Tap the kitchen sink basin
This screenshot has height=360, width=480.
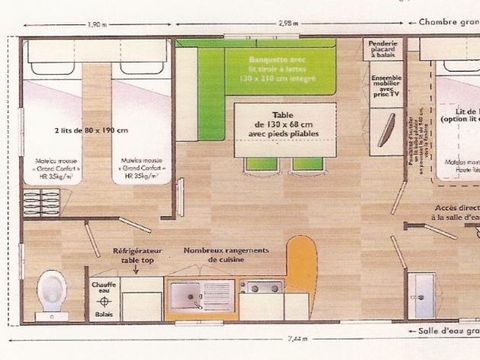click(187, 295)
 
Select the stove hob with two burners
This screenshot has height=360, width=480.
click(262, 289)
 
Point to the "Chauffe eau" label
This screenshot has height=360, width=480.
click(104, 287)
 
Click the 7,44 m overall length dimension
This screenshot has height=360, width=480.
click(241, 338)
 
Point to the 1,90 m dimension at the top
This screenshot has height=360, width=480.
click(97, 24)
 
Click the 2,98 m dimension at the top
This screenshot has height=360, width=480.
click(291, 24)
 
